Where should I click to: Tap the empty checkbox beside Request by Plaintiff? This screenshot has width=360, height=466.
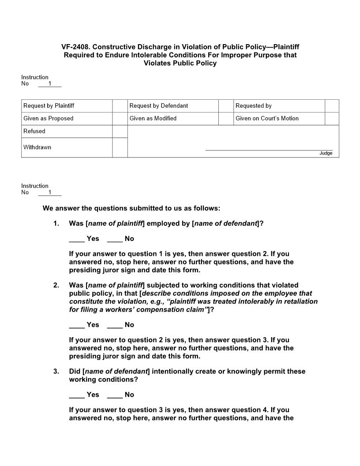pos(120,106)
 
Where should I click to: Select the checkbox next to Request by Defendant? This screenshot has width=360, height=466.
pos(226,106)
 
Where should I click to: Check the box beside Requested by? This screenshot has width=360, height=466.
pos(332,106)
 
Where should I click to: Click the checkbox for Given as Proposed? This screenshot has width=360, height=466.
pos(120,119)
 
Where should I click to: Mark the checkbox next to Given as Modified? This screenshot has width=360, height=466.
pos(226,119)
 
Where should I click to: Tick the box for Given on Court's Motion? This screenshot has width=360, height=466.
pos(332,119)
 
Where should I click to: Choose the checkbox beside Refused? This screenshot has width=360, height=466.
pos(120,132)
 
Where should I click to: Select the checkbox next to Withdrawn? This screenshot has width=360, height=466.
pos(120,147)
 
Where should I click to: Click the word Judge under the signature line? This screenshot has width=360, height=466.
pos(326,154)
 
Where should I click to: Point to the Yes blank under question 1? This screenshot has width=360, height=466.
pos(77,239)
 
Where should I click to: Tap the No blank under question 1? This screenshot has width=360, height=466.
pos(115,239)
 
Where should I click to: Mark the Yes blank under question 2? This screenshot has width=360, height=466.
pos(77,325)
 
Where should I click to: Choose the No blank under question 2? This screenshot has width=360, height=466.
pos(115,325)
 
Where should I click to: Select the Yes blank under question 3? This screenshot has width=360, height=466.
pos(77,395)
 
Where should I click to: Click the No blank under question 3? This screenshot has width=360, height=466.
pos(115,395)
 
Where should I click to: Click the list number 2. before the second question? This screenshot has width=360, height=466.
pos(56,286)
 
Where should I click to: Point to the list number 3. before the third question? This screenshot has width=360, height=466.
pos(56,372)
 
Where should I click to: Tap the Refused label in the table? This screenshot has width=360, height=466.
pos(34,132)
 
